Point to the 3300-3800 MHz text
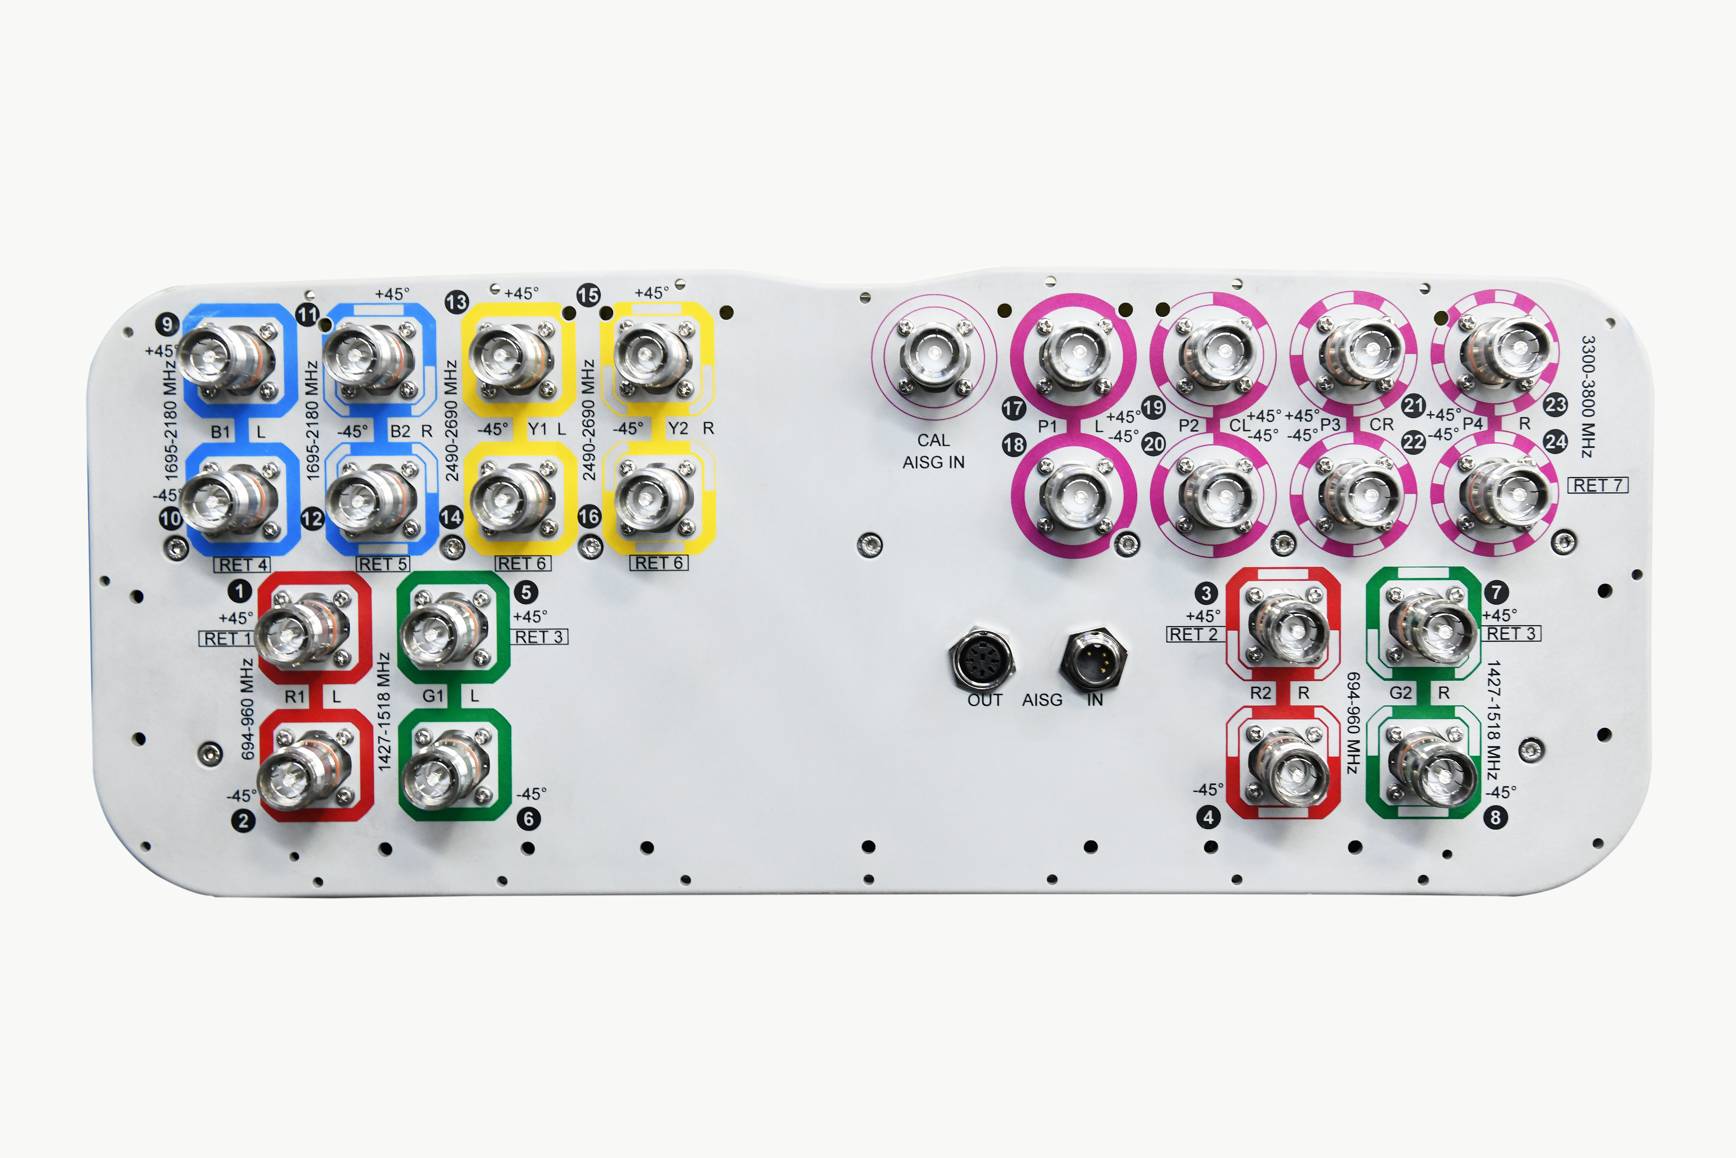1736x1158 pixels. [x=1587, y=397]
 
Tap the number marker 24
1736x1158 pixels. [x=1556, y=442]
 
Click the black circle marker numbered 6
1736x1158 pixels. [x=528, y=818]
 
